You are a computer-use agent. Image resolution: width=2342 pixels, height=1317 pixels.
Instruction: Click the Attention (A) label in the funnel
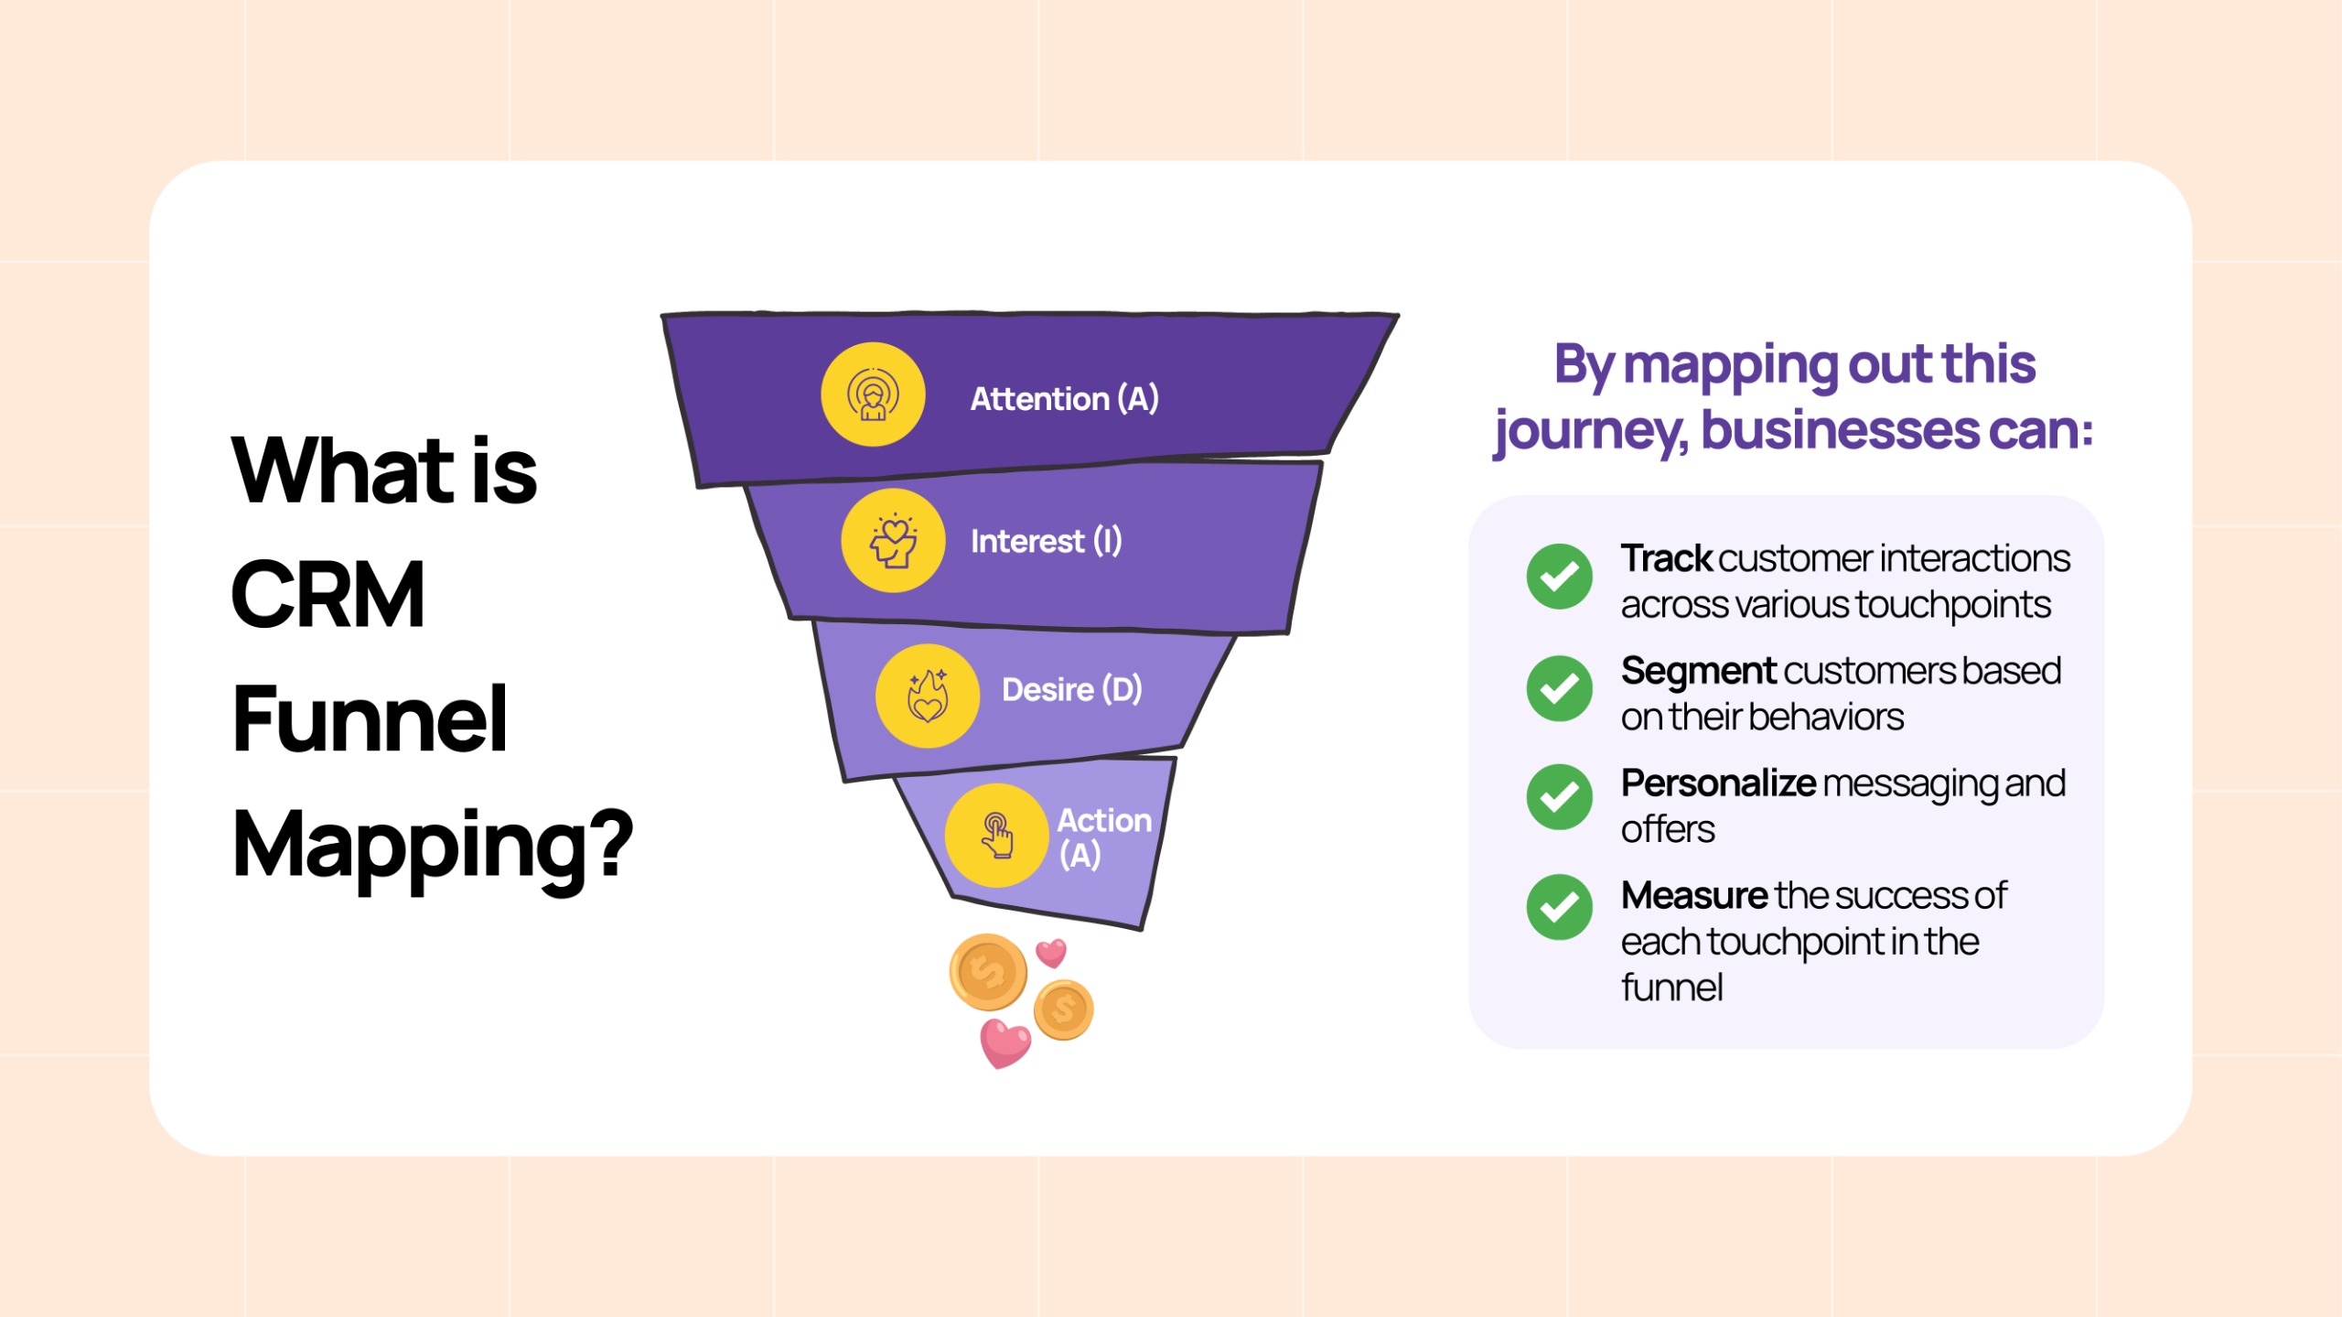point(1064,399)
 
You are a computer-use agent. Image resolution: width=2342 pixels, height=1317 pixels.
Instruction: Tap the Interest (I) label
point(1046,541)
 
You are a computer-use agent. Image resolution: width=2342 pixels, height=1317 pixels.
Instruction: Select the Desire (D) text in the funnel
point(1071,689)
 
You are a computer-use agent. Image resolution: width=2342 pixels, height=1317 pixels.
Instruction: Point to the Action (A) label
point(1103,837)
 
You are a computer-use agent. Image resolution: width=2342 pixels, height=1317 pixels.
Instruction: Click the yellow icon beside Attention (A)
point(873,394)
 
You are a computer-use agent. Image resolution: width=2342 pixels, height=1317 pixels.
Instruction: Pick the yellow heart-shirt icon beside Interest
point(893,540)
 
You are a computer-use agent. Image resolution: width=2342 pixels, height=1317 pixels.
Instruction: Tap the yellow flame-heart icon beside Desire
point(928,696)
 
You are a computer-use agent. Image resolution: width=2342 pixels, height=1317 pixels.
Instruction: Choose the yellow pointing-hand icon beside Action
point(996,835)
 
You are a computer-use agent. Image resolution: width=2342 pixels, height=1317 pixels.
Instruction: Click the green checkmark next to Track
point(1559,577)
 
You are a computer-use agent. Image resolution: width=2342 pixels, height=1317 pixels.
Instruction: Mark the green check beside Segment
point(1559,688)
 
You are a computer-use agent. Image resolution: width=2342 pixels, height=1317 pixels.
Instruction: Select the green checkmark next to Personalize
point(1559,797)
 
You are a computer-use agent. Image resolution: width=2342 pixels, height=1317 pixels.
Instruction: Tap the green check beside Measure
point(1559,907)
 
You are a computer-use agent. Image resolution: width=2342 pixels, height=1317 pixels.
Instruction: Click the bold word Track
point(1666,558)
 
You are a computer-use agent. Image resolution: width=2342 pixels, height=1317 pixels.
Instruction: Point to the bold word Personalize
point(1718,784)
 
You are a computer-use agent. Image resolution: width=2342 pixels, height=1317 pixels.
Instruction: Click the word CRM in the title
point(328,595)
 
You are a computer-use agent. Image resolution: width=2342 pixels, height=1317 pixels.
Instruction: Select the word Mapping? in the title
point(433,848)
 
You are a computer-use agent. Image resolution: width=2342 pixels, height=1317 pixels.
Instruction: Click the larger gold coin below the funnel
point(987,972)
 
